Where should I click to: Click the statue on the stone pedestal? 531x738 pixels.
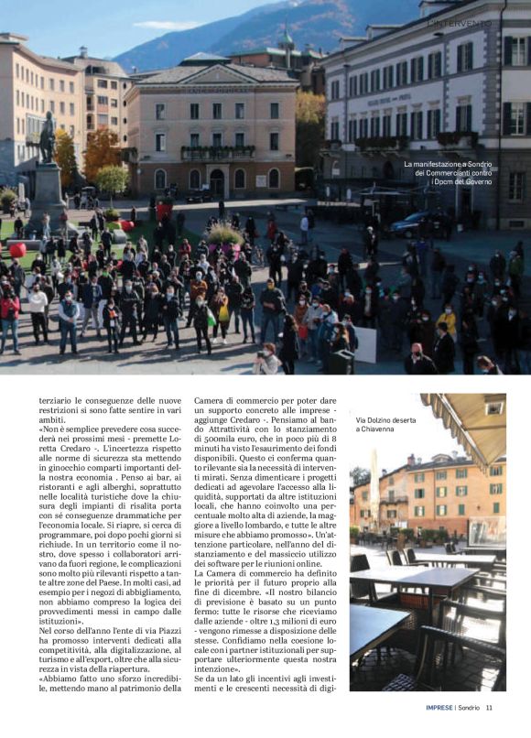coord(47,139)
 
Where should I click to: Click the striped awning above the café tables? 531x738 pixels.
coord(467,422)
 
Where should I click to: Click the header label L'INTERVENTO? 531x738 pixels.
coord(461,23)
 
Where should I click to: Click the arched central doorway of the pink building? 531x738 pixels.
coord(217,180)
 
